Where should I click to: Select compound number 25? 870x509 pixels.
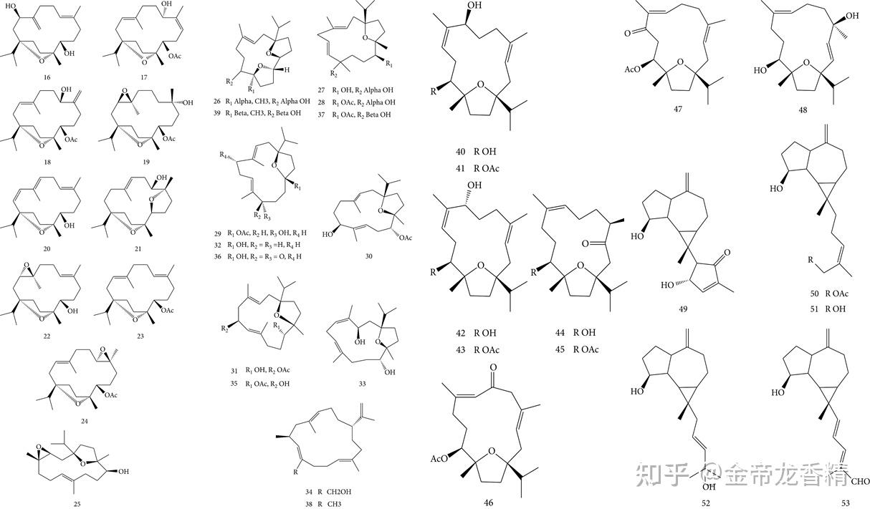77,504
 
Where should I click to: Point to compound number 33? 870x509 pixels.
362,384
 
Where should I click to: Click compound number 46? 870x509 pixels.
488,503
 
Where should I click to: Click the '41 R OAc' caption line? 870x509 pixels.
479,168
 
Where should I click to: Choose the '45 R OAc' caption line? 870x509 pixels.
576,349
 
